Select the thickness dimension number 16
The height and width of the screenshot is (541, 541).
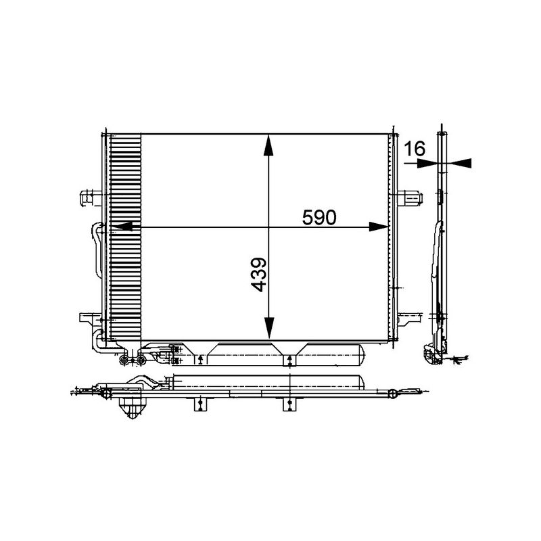click(x=415, y=149)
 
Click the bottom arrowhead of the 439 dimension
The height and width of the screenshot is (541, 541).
click(x=269, y=329)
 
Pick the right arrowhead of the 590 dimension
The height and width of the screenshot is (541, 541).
click(x=379, y=228)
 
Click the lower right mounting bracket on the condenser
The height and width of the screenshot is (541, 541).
click(x=410, y=318)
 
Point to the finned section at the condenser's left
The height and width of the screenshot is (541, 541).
click(x=125, y=237)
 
